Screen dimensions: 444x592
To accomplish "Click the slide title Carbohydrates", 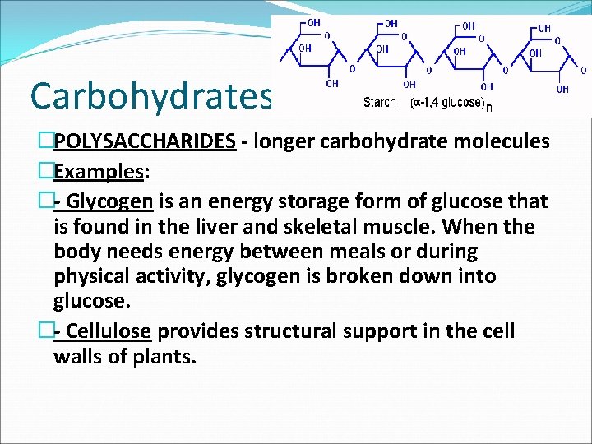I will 150,97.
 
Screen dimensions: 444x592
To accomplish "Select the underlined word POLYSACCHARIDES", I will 145,141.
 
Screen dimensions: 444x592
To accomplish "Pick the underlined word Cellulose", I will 108,331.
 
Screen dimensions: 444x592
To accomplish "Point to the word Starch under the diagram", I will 380,103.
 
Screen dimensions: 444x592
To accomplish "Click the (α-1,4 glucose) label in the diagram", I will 447,103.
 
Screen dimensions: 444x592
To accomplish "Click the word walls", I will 81,358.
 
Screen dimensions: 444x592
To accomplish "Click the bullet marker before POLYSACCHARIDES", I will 45,141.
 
